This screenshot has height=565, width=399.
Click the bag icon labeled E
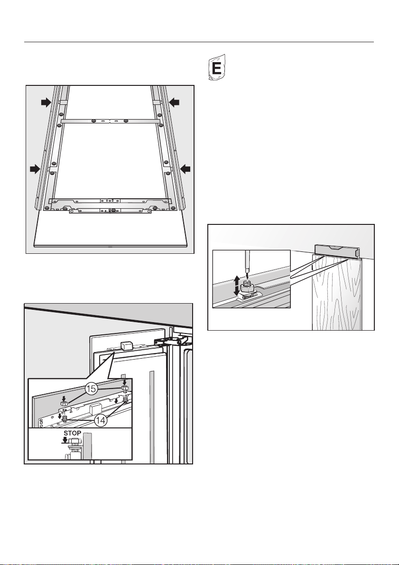coord(217,67)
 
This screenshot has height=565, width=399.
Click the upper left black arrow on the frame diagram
coord(46,102)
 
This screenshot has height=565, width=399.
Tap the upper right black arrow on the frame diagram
coord(175,102)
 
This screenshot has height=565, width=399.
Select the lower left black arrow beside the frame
coord(35,168)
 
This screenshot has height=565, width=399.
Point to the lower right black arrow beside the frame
coord(185,168)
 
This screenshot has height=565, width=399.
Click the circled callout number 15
coord(92,389)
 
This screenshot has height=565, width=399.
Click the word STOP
coord(73,433)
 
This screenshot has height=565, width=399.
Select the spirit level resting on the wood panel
coord(337,250)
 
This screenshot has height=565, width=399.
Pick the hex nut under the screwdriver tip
coord(247,288)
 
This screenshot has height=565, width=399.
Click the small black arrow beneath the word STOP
coord(65,440)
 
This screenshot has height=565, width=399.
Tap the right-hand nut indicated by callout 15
coord(125,388)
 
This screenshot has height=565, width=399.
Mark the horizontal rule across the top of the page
coord(199,42)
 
